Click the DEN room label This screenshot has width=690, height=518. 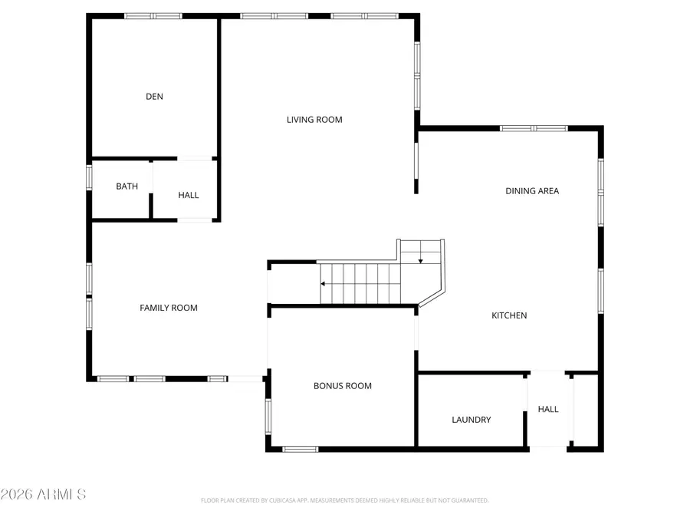pos(154,97)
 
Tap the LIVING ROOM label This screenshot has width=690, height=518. pos(314,120)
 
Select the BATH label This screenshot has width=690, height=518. pos(127,186)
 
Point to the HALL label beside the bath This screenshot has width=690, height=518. pos(189,195)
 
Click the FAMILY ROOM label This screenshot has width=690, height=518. pos(169,308)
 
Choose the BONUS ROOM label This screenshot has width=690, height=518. pos(343,386)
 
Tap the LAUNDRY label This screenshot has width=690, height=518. pos(472,420)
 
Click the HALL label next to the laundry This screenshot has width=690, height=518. pos(548,410)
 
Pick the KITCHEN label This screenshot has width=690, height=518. pos(509,315)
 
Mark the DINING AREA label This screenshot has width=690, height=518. pos(532,191)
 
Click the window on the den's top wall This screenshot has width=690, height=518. pos(153,15)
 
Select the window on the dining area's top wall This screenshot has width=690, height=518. pos(534,128)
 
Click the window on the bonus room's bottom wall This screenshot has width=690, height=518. pos(301,449)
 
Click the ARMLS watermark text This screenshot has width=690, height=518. pos(44,493)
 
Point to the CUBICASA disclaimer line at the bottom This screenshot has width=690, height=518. pos(344,500)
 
